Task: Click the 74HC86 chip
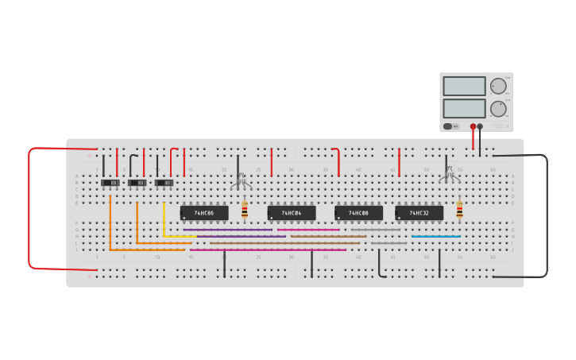pos(204,213)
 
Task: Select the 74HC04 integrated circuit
pos(292,213)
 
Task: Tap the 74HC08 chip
pos(358,213)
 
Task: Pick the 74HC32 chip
pos(419,213)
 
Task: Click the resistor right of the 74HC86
pos(245,210)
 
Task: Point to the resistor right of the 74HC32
pos(459,210)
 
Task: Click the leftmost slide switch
pos(110,183)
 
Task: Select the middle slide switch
pos(137,183)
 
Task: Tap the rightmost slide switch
pos(164,183)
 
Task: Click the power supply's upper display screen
pos(464,86)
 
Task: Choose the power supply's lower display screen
pos(464,108)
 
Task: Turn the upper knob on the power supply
pos(498,87)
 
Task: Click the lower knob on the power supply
pos(498,109)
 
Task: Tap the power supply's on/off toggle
pos(450,126)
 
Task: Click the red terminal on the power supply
pos(473,126)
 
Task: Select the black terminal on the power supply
pos(480,126)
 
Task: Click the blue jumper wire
pos(435,237)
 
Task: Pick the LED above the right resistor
pos(450,176)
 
